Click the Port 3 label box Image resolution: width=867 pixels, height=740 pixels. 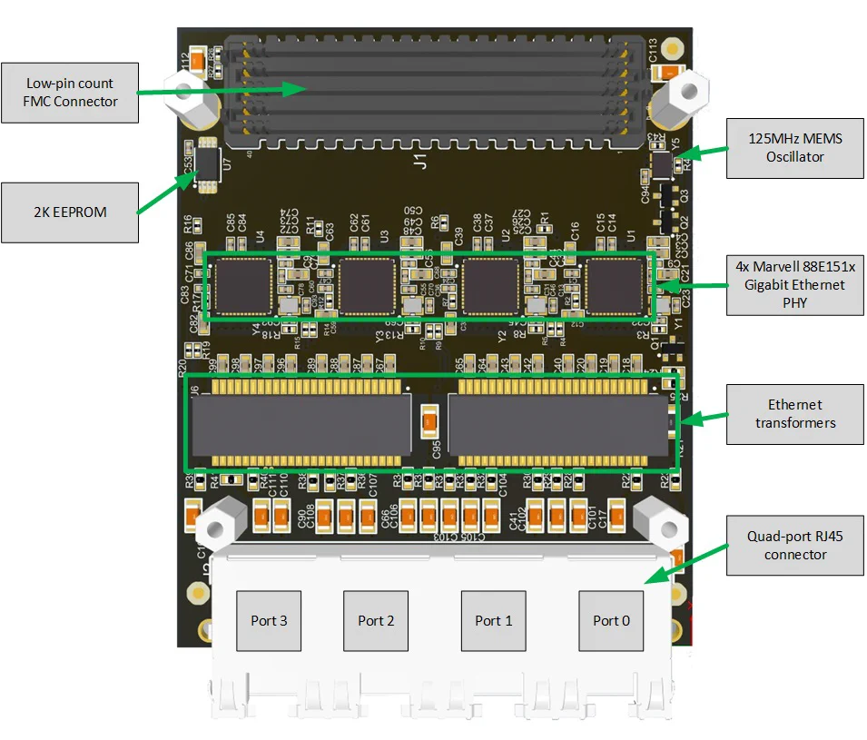(269, 620)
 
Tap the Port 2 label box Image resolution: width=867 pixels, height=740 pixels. (376, 620)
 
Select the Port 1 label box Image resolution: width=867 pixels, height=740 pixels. (493, 620)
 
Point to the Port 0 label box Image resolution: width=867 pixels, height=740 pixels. (611, 620)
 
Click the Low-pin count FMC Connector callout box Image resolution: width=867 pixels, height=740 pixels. (70, 92)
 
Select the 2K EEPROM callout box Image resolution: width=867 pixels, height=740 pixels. (70, 212)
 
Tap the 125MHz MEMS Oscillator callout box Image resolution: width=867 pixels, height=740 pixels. (794, 148)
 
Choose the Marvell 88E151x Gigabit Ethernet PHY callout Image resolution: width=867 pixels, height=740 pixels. (794, 284)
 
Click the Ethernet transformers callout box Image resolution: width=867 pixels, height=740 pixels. (794, 413)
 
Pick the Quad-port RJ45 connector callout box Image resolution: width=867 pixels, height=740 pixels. (794, 545)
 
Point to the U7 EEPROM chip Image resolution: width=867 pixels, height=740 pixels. (208, 163)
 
